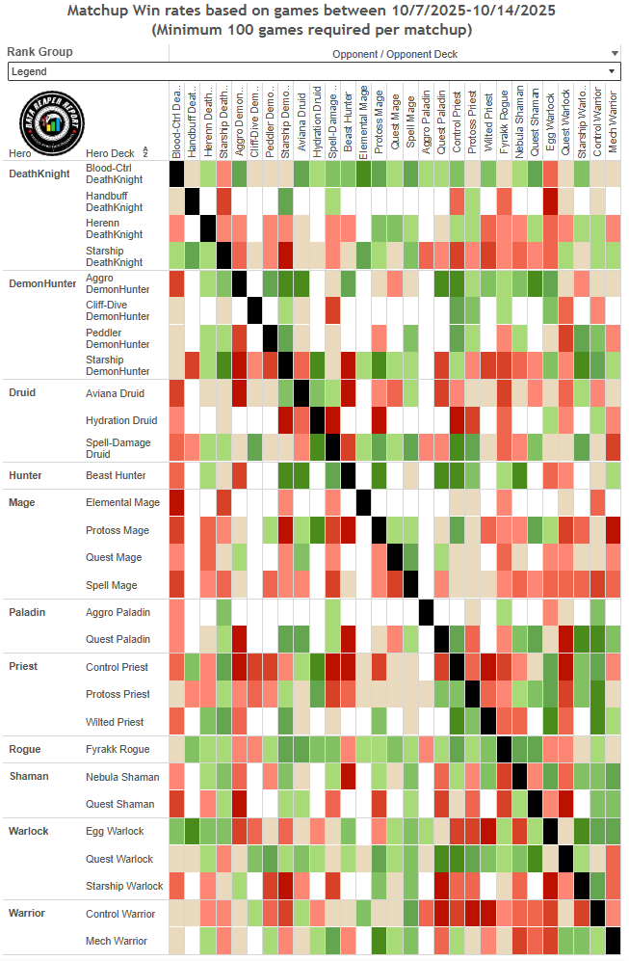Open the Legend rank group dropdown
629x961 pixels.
pos(313,71)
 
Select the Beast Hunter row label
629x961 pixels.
pos(116,475)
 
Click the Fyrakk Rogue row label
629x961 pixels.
pos(117,749)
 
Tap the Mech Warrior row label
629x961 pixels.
pos(117,941)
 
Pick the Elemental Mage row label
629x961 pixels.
pos(122,502)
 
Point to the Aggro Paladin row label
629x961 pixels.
pos(118,612)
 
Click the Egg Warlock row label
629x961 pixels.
pos(115,831)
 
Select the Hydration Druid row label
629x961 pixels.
pos(120,420)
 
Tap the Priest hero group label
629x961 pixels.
pos(23,667)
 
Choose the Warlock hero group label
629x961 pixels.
pos(28,831)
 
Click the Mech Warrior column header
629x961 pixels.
pos(613,123)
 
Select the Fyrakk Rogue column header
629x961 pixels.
pos(504,123)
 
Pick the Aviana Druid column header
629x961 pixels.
pos(301,123)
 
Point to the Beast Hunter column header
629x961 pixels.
pos(348,123)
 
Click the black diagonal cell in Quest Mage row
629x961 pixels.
pos(395,557)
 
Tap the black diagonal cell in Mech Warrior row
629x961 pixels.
pos(613,941)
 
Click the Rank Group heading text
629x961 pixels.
pos(39,52)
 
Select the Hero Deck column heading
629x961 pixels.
pos(110,153)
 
